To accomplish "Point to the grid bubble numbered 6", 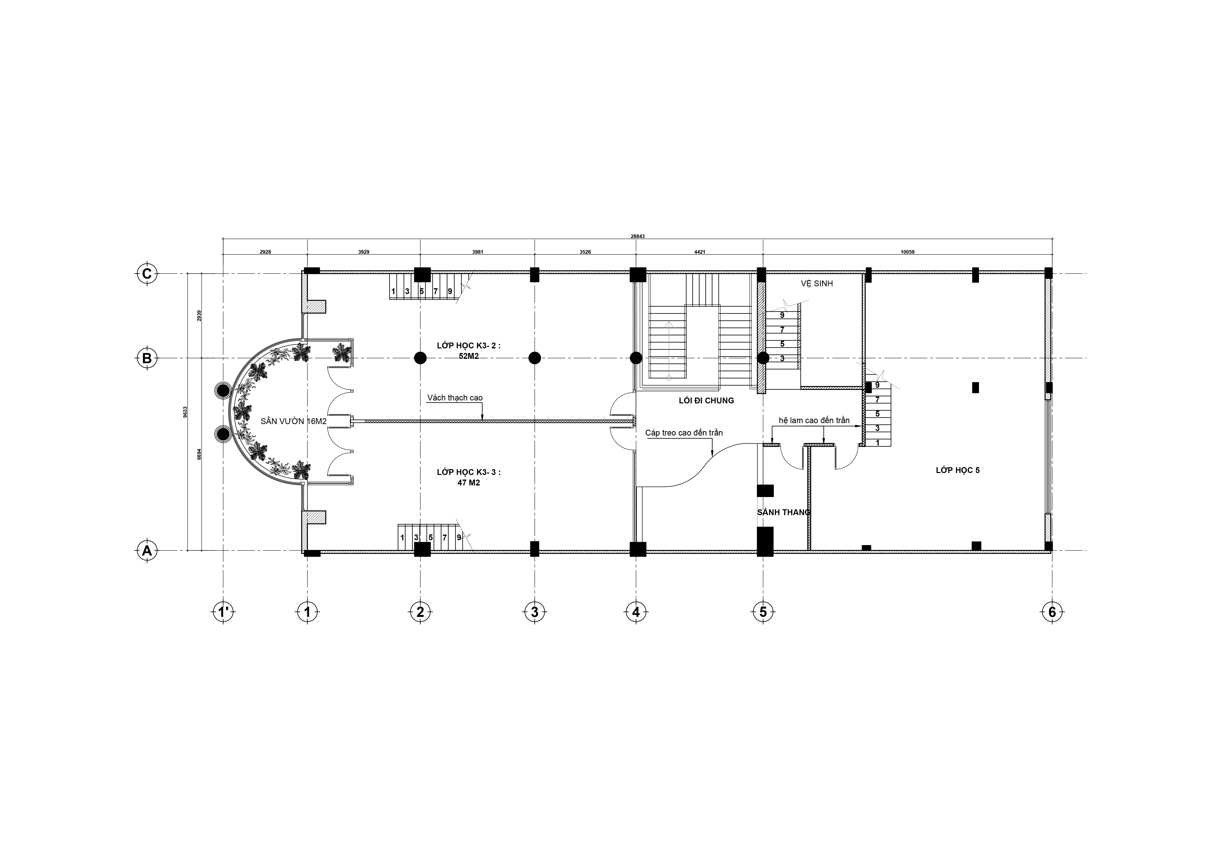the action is click(x=1052, y=612).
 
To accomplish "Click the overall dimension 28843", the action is click(x=638, y=236).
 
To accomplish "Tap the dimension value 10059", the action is click(x=908, y=252).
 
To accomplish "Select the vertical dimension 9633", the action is click(x=185, y=412).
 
